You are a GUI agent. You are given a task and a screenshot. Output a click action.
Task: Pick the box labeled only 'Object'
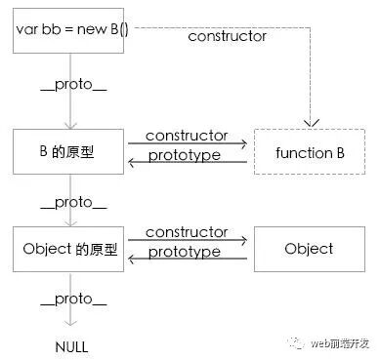(309, 249)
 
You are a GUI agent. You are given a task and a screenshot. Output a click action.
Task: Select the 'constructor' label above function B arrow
(186, 137)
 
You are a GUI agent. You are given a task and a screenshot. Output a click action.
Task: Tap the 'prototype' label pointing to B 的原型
(186, 156)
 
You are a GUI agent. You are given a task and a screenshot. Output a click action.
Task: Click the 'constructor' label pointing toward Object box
(186, 233)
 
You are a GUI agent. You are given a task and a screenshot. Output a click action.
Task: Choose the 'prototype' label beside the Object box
(186, 254)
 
